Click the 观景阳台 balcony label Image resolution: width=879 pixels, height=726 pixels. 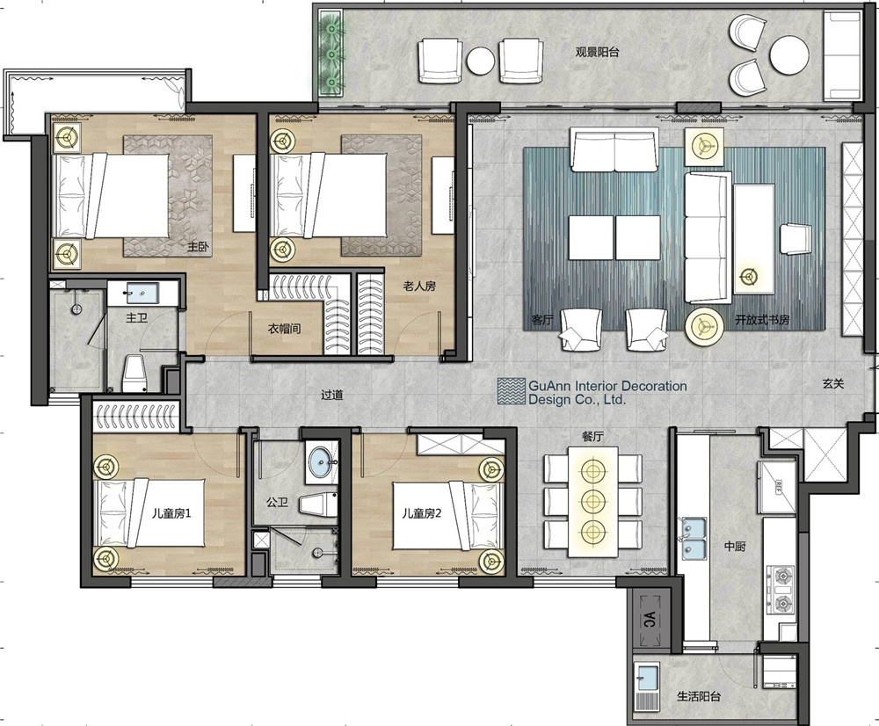(x=597, y=52)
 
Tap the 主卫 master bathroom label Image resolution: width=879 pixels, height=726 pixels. (x=136, y=318)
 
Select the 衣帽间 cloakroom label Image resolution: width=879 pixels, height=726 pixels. (x=284, y=328)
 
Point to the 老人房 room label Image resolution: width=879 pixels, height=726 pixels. (x=419, y=286)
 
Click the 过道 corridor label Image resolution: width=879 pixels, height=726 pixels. (x=332, y=395)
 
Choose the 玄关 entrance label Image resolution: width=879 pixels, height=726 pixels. (x=833, y=384)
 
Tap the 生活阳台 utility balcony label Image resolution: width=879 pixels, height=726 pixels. (x=699, y=696)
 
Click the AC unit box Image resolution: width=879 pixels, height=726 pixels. (x=649, y=619)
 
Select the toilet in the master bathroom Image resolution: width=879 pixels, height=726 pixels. (x=134, y=373)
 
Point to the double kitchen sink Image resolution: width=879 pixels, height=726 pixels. (x=693, y=538)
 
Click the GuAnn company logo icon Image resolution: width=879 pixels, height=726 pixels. (x=512, y=391)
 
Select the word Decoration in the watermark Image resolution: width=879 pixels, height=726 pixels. (x=653, y=386)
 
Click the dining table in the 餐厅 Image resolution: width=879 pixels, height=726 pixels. (x=593, y=501)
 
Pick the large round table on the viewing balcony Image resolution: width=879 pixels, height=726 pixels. (x=789, y=55)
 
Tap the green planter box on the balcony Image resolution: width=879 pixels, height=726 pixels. (x=332, y=55)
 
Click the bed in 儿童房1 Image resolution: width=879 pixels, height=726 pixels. (x=150, y=513)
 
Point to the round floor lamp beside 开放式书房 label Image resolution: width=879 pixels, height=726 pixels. (x=705, y=325)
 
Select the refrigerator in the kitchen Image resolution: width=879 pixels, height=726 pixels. (x=777, y=487)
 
